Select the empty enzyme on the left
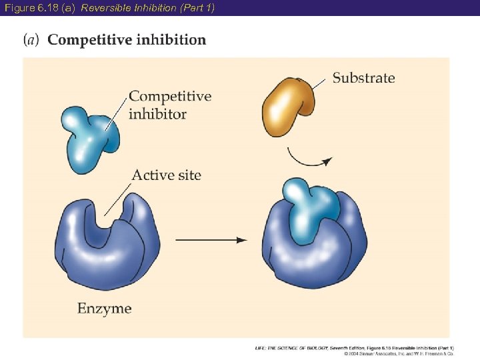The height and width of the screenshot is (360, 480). pos(107,247)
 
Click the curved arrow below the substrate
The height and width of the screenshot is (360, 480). pos(307,161)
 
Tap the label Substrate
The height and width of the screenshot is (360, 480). pos(363,78)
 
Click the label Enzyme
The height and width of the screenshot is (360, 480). pos(104,309)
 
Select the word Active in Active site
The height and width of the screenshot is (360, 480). pos(151,175)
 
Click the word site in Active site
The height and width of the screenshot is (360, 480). pos(187,175)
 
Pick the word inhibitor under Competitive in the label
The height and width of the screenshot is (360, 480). pos(157,114)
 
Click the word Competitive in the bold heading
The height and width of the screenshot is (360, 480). pos(89,40)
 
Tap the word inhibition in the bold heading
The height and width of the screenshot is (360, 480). pos(171,40)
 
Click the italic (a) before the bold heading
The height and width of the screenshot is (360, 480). pos(31,40)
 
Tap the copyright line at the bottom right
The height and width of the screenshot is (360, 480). pos(399,353)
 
